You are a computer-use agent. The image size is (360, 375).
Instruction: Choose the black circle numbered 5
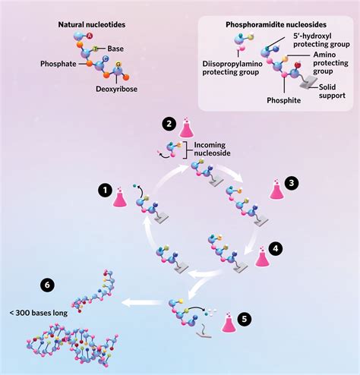(242, 318)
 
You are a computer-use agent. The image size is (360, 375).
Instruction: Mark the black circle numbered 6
(48, 285)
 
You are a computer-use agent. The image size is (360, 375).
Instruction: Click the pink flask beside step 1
(121, 199)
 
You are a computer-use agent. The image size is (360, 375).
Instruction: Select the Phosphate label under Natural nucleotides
(58, 64)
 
